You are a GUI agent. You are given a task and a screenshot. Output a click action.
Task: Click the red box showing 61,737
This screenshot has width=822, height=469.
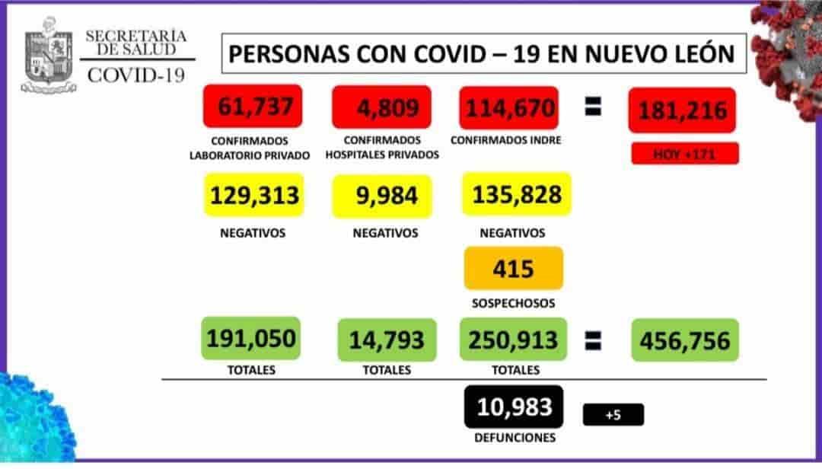point(253,107)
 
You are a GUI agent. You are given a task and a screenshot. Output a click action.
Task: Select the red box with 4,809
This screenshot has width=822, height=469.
point(382,107)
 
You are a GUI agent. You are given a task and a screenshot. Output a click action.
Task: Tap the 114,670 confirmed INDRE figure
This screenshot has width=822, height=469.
point(510,107)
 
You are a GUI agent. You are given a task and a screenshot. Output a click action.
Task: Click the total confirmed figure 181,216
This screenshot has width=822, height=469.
point(682,111)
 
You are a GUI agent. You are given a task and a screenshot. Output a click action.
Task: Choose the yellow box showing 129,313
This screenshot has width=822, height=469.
point(253,196)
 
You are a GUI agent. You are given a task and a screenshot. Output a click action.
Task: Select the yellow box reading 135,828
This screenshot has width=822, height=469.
point(517,195)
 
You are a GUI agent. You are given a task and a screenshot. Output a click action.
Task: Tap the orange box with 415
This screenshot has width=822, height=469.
point(513,268)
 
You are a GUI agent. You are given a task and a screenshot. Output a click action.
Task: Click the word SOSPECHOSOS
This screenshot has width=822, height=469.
point(513,303)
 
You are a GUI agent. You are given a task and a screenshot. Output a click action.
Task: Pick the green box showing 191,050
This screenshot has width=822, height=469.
point(251,338)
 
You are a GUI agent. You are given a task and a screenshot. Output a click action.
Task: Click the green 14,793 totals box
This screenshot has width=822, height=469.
point(387,340)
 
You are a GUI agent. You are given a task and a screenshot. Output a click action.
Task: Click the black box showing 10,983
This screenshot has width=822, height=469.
point(514,407)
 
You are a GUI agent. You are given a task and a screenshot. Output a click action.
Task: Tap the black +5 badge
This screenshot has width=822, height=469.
point(613,414)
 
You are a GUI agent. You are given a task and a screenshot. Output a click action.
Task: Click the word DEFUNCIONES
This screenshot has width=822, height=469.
point(514,438)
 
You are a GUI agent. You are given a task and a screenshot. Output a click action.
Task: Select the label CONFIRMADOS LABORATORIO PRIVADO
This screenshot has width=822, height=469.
point(250,148)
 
